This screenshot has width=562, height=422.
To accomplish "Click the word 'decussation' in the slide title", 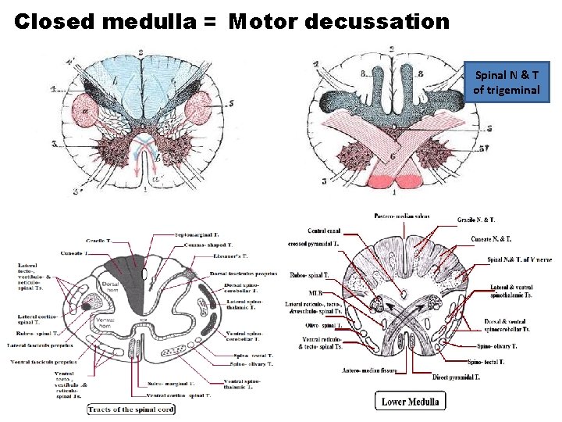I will [378, 21].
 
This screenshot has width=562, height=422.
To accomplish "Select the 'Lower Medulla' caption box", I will [410, 402].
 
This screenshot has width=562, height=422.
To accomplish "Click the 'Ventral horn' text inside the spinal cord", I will [106, 322].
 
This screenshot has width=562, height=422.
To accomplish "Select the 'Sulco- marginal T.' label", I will [172, 384].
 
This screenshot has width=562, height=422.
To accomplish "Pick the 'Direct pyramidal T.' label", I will [457, 377].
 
